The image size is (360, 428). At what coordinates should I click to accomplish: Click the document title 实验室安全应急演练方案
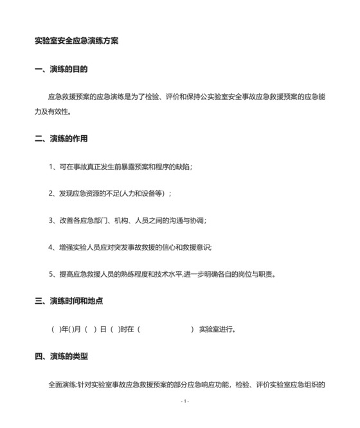tap(76, 41)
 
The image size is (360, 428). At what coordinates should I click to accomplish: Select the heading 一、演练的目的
tap(61, 69)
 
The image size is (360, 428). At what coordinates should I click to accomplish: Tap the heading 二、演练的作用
tap(61, 138)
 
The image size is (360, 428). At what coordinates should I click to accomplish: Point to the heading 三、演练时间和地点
tap(69, 301)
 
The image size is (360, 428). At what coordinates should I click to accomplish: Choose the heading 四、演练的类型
tap(61, 356)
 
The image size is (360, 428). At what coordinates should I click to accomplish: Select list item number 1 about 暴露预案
tap(120, 167)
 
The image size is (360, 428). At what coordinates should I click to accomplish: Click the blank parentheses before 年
tap(55, 330)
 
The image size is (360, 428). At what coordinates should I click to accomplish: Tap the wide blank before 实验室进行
tap(165, 330)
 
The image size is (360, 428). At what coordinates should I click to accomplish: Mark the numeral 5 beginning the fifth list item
tap(51, 274)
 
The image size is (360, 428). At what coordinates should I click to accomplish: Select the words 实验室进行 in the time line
tap(215, 330)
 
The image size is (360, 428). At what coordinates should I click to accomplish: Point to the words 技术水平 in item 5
tap(176, 274)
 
